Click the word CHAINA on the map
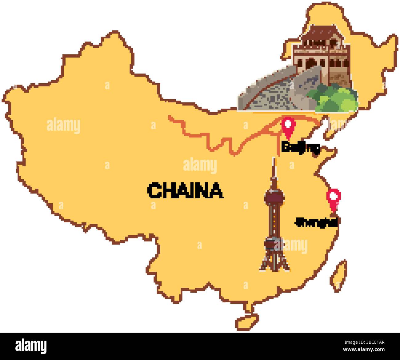point(185,190)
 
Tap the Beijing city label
point(300,148)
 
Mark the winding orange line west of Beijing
point(215,138)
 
